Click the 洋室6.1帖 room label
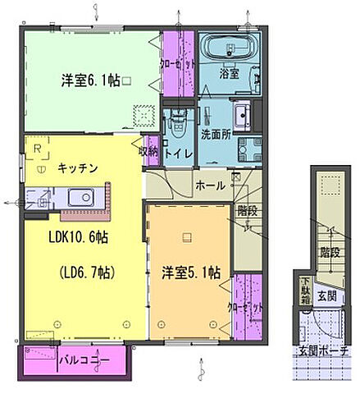click(x=89, y=80)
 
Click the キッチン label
click(x=78, y=168)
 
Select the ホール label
click(x=211, y=186)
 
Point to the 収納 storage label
click(x=148, y=151)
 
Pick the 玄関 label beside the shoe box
click(x=327, y=296)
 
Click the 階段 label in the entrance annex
click(x=330, y=253)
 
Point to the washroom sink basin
click(x=244, y=112)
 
